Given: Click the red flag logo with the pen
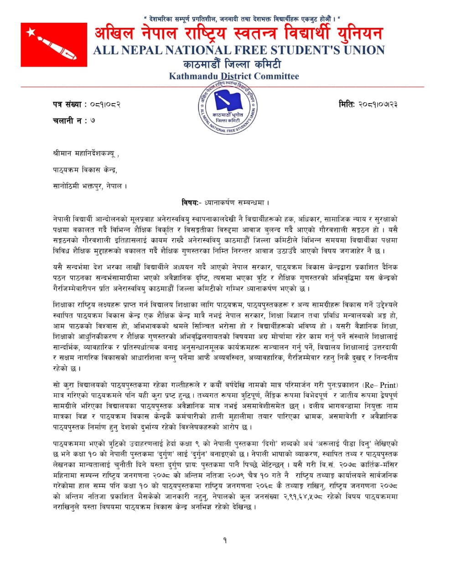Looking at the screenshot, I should pos(54,45).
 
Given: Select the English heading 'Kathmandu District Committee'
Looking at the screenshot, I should pos(234,76).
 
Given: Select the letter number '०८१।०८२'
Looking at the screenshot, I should pos(105,104).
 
